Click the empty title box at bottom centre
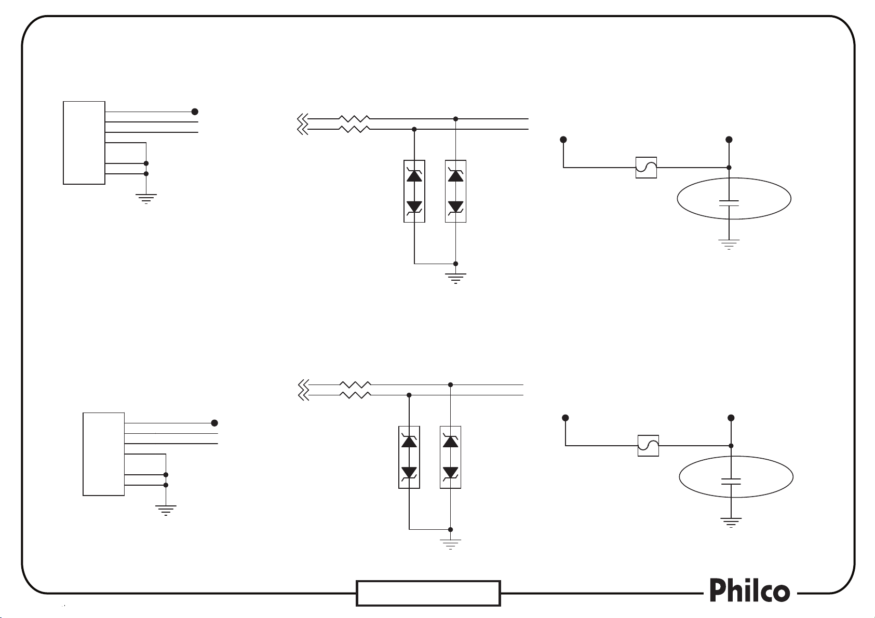coord(428,593)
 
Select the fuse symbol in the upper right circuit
coord(646,168)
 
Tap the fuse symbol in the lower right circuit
coord(648,446)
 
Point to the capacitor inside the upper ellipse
coord(729,202)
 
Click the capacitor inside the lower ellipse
coord(731,480)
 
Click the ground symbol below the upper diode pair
coord(455,278)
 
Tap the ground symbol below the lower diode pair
coord(450,543)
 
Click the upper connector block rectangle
coord(84,143)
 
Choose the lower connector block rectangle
coord(104,454)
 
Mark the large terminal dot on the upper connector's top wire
coord(195,112)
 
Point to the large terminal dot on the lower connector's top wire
coord(214,423)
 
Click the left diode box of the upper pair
coord(414,191)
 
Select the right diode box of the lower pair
coord(450,457)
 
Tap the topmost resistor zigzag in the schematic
coord(354,119)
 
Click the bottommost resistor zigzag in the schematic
coord(355,395)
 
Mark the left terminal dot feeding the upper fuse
coord(563,140)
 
